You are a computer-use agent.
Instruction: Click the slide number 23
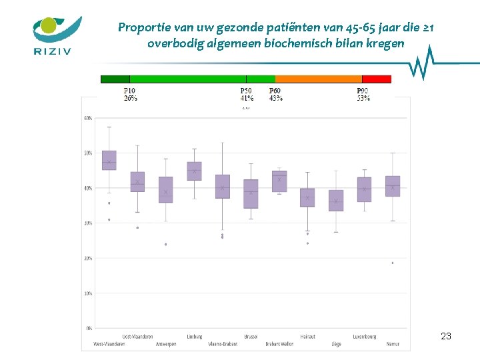(446, 337)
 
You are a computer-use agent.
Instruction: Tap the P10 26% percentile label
(131, 95)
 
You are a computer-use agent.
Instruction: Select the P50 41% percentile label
(247, 95)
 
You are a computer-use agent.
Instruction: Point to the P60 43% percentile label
(275, 95)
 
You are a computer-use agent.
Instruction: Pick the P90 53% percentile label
(363, 95)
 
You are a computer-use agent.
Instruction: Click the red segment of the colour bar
(377, 79)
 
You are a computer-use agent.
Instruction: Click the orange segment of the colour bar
(318, 79)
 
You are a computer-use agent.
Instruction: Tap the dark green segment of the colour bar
(115, 79)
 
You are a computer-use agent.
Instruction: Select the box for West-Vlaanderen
(109, 160)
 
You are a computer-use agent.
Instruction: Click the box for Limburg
(194, 171)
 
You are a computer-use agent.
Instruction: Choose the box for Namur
(393, 186)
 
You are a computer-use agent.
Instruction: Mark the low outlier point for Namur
(393, 263)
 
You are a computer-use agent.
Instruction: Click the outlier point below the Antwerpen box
(165, 244)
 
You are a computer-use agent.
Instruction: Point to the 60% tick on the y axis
(88, 119)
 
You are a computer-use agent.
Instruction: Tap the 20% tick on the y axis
(88, 258)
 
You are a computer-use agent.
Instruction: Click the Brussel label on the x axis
(251, 337)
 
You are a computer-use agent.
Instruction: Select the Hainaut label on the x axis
(308, 337)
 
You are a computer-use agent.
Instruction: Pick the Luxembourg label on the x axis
(364, 337)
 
